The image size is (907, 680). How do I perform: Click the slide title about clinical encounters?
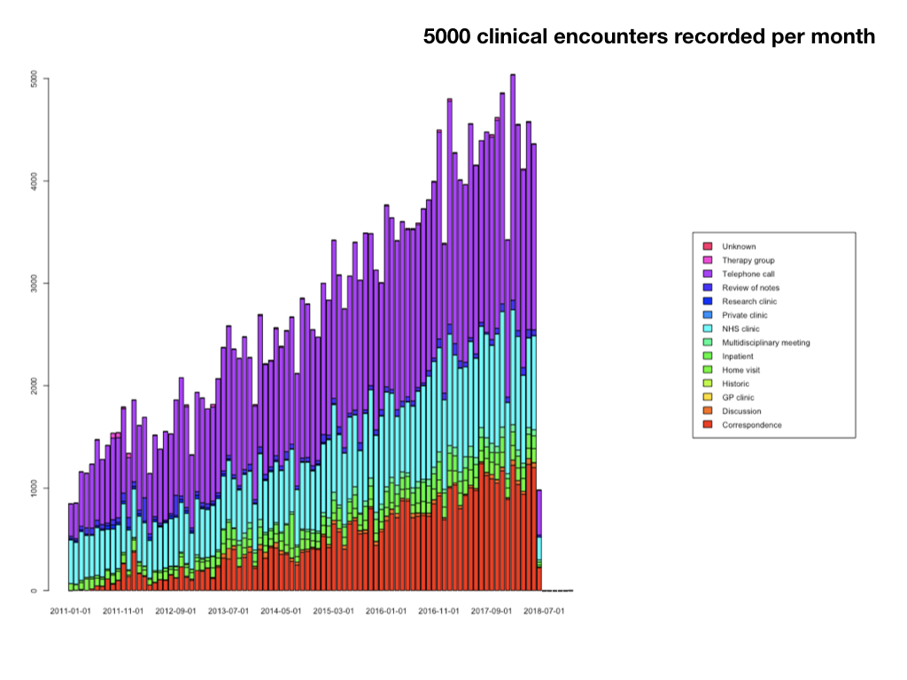click(x=649, y=36)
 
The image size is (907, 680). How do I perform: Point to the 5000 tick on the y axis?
click(x=34, y=79)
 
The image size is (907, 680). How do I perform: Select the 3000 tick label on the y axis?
click(x=34, y=283)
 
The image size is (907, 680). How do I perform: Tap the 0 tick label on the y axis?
click(x=34, y=591)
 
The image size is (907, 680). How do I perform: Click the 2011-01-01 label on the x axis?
click(x=70, y=611)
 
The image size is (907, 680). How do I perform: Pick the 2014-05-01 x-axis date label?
click(x=281, y=611)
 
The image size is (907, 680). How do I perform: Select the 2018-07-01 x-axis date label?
click(x=544, y=611)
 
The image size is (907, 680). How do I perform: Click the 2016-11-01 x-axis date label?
click(x=438, y=611)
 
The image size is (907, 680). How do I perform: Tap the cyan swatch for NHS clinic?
click(x=708, y=329)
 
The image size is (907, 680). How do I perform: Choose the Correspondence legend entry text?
click(x=752, y=425)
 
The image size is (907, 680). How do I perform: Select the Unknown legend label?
click(x=739, y=247)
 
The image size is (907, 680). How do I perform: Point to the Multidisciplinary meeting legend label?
click(x=765, y=343)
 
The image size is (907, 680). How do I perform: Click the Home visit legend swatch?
click(x=708, y=370)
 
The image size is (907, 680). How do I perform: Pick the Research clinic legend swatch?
click(x=708, y=302)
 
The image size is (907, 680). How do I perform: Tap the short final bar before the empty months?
click(x=539, y=540)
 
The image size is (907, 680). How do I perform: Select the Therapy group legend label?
click(x=748, y=260)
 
